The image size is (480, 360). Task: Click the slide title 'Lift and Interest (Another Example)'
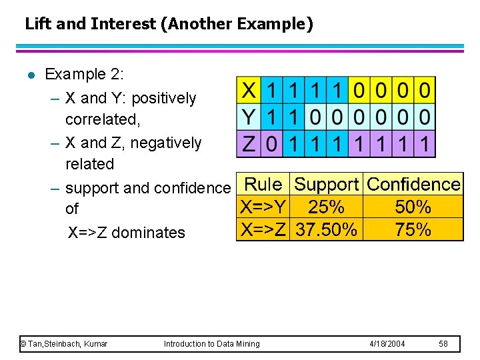click(x=169, y=25)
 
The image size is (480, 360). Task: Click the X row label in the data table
click(x=249, y=90)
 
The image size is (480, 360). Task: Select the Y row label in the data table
click(x=249, y=117)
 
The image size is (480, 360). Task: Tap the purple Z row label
click(x=249, y=143)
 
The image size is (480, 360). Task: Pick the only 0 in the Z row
click(x=271, y=143)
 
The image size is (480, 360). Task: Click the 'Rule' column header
click(x=263, y=184)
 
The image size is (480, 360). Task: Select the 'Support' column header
click(x=327, y=184)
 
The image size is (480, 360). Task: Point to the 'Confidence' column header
click(x=413, y=184)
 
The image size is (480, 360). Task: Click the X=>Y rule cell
click(x=263, y=207)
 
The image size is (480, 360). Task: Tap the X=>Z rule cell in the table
click(x=263, y=230)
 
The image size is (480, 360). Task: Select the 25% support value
click(x=327, y=207)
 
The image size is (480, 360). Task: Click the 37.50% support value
click(x=327, y=230)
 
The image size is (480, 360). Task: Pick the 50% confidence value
click(x=413, y=207)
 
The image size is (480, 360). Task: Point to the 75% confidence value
click(x=413, y=230)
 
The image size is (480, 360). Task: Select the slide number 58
click(x=444, y=343)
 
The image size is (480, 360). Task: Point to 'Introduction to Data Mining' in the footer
click(x=212, y=343)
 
